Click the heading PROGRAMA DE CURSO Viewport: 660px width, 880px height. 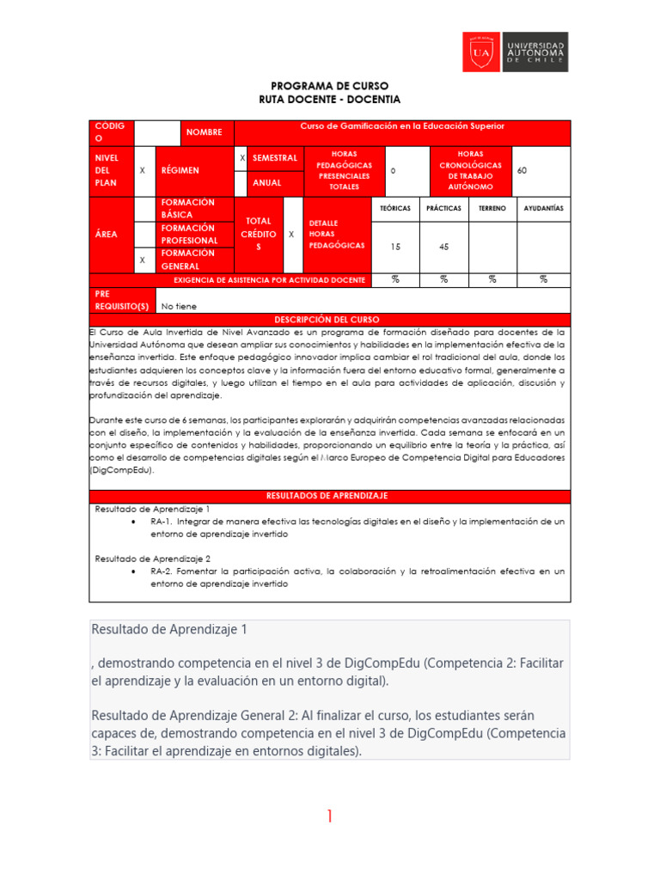[329, 86]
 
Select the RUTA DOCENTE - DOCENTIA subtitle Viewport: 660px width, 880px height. [329, 100]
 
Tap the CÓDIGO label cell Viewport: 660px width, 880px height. [112, 132]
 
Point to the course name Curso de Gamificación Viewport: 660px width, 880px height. [401, 126]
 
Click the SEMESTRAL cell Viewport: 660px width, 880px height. [274, 158]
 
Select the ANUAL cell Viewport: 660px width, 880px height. [267, 183]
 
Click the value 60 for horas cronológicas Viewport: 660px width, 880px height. [522, 171]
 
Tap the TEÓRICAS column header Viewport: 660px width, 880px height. [394, 208]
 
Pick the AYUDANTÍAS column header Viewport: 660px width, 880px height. [543, 208]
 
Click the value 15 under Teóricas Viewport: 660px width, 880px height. [394, 247]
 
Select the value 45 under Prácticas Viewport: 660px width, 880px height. [443, 247]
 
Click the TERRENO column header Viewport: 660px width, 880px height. [492, 208]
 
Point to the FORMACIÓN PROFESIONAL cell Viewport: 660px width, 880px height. [188, 234]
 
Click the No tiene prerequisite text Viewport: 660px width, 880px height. [179, 306]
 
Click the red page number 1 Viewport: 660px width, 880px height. [329, 817]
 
